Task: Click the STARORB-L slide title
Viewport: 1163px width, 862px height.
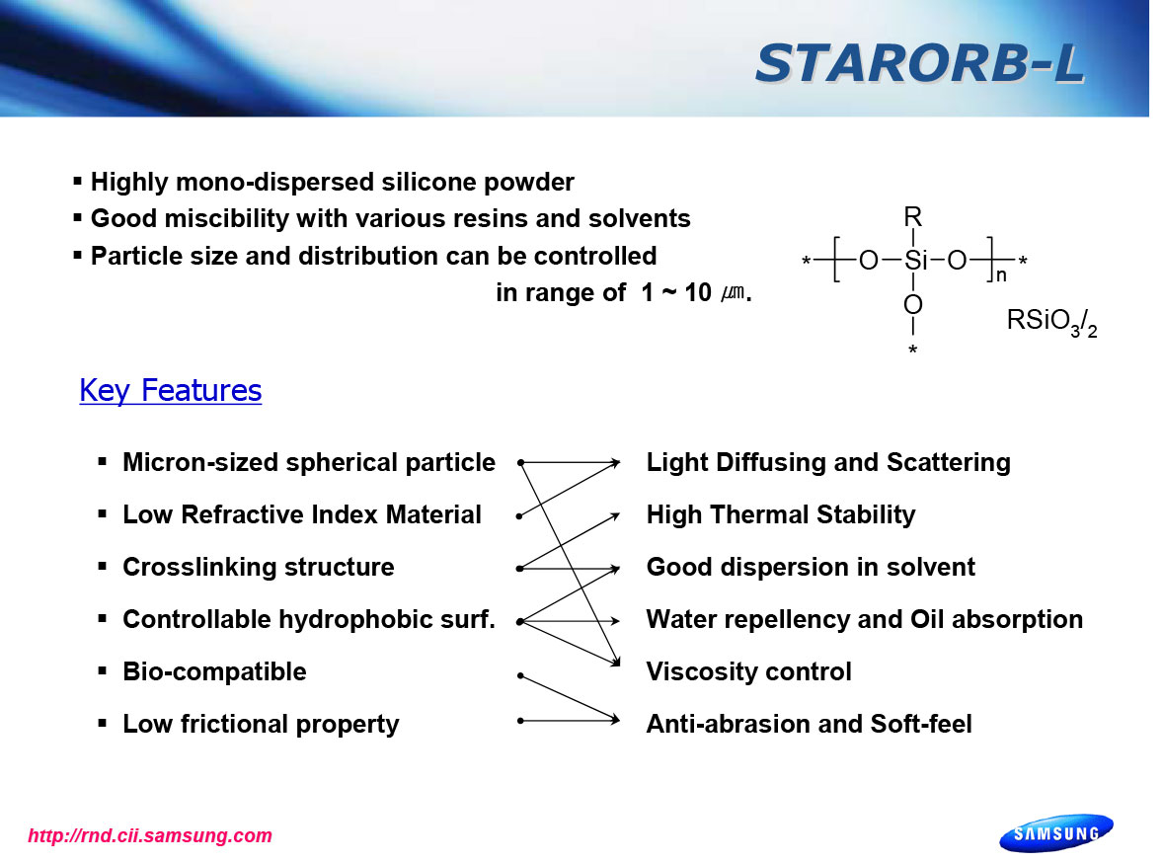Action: coord(920,63)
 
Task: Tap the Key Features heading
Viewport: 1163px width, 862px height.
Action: coord(171,391)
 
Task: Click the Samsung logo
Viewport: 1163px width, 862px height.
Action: coord(1056,833)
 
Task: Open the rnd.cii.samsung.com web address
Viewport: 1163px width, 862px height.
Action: coord(150,836)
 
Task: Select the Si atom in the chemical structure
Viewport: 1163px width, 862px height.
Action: coord(915,261)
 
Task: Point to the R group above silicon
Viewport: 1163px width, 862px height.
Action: coord(913,216)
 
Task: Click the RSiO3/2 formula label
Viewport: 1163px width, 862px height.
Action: coord(1051,323)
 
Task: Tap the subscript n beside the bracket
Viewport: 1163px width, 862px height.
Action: coord(1001,275)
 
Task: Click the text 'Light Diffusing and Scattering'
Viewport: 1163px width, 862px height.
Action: coord(828,462)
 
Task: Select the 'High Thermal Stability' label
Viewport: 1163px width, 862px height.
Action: coord(781,514)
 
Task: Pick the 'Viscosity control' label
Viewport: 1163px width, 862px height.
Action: coord(749,671)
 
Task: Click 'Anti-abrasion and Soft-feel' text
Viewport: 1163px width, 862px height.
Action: coord(810,724)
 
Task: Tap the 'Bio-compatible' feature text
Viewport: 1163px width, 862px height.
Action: coord(214,671)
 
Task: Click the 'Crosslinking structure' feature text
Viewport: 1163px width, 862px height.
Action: coord(258,567)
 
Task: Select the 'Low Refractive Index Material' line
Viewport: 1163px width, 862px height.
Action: coord(302,514)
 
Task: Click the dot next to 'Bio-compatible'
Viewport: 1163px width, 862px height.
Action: coord(520,675)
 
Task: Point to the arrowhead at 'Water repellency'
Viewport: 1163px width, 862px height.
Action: coord(615,621)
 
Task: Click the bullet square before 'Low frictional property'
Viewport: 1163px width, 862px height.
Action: coord(103,723)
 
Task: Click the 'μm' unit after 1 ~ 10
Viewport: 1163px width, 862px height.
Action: coord(733,293)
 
